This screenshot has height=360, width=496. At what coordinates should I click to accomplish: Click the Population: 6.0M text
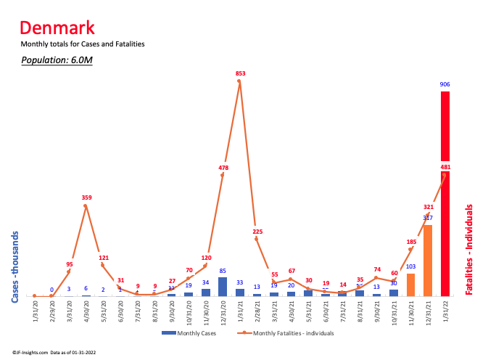57,60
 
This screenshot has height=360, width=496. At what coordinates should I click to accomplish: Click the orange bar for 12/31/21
428,261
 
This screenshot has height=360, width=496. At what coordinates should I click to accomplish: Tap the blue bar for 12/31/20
222,287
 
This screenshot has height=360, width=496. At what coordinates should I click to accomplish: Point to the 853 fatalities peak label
239,73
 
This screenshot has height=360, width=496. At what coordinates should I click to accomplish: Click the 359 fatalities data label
86,197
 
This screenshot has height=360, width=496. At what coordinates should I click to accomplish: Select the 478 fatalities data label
223,168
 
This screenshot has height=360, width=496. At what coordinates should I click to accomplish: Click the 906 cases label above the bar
445,85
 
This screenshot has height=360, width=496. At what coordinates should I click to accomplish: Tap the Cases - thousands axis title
16,266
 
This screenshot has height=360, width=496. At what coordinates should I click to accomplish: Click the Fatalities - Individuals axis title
469,249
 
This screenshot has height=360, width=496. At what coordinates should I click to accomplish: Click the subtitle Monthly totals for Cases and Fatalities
83,44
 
